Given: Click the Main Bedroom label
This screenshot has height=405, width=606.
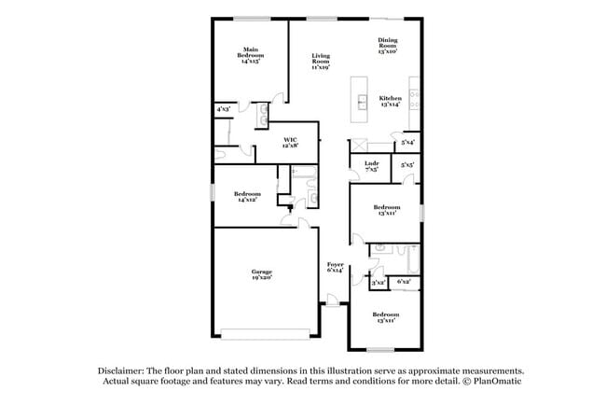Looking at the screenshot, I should coord(250,55).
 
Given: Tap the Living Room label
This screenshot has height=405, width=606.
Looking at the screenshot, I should coord(321,62).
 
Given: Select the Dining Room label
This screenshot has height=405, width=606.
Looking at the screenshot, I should coord(388,46).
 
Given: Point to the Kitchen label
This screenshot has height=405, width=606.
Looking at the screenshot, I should coord(390,102).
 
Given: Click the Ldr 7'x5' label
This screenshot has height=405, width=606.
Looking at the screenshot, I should coord(370,167).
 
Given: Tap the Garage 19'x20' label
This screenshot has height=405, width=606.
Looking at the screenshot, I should coord(261,273).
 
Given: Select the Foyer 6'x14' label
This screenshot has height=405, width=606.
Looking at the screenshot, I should coord(336,268).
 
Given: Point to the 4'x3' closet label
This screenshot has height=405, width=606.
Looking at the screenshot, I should coord(224,109).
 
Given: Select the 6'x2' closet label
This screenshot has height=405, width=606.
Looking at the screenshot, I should coord(404,281).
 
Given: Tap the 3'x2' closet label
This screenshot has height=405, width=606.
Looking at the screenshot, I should coord(378,282).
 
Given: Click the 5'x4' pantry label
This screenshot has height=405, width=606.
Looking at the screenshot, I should coord(407,143).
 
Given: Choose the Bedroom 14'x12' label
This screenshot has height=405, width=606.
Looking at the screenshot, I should coord(247,197).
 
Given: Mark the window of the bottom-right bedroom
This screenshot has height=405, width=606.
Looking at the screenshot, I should coord(379,350).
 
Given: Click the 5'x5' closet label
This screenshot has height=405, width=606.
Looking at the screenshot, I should coord(407,164).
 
